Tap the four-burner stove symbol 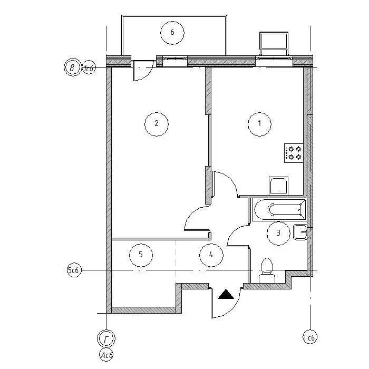(x=294, y=153)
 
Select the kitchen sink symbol (x=279, y=186)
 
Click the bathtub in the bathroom (x=279, y=209)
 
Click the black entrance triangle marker (x=226, y=294)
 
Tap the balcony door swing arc (x=147, y=76)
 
